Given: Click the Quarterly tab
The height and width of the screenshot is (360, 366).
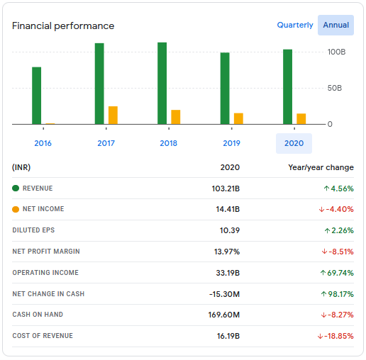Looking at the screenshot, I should (x=294, y=25).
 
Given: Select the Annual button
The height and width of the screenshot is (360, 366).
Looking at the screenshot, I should (x=335, y=25).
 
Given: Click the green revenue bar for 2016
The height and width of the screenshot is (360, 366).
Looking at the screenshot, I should (x=36, y=96).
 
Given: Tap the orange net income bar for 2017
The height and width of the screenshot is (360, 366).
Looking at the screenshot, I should (x=113, y=115).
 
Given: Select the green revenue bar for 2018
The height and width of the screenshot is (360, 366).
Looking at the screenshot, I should (x=162, y=84).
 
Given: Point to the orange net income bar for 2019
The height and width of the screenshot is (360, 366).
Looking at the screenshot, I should (x=238, y=118).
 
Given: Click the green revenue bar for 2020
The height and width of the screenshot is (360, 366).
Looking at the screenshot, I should (x=287, y=86).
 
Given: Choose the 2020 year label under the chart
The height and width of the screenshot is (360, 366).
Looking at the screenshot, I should (x=294, y=143).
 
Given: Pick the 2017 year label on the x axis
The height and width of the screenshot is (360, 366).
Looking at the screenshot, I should (x=106, y=143).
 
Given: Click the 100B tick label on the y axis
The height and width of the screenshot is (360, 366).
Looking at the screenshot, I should (x=336, y=52).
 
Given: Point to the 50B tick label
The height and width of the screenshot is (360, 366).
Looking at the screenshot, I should (x=335, y=88).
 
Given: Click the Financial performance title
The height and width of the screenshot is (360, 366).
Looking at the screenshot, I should (x=63, y=26).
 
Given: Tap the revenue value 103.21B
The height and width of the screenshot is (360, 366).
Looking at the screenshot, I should (x=226, y=189).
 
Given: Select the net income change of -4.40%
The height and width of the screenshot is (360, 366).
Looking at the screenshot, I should (x=337, y=209).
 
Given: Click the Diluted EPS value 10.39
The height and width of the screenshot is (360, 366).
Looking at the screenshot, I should (x=230, y=230).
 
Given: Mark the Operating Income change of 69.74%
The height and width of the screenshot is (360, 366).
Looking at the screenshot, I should (x=338, y=273).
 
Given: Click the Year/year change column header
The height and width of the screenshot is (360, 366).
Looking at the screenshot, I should (x=321, y=168).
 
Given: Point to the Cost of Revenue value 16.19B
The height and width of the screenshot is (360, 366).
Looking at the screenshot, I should (x=228, y=336).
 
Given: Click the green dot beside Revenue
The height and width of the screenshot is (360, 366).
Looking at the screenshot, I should (x=16, y=189).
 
